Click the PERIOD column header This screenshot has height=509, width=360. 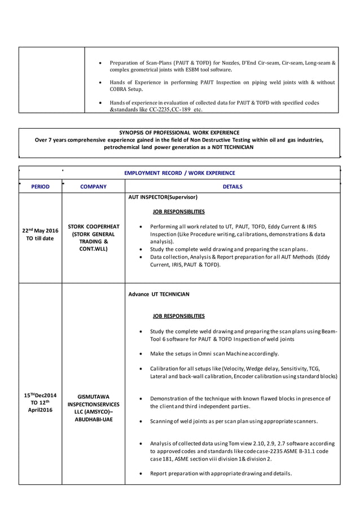40,186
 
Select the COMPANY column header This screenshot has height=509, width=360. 93,186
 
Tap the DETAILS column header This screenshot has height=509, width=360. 232,186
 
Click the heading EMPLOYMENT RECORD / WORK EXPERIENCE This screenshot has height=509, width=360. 179,173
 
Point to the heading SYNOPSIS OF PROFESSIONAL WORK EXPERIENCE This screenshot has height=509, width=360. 179,132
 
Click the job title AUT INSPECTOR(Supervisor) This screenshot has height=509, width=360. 163,198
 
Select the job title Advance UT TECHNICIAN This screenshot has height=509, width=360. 159,294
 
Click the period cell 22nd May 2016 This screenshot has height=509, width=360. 40,234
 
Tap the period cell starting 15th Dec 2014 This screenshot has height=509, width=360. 40,403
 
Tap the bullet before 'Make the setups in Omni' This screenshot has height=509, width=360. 140,354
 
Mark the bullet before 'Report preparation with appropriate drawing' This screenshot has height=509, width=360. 140,473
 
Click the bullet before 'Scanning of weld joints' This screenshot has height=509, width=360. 140,422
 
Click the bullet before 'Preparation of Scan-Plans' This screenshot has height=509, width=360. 100,63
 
